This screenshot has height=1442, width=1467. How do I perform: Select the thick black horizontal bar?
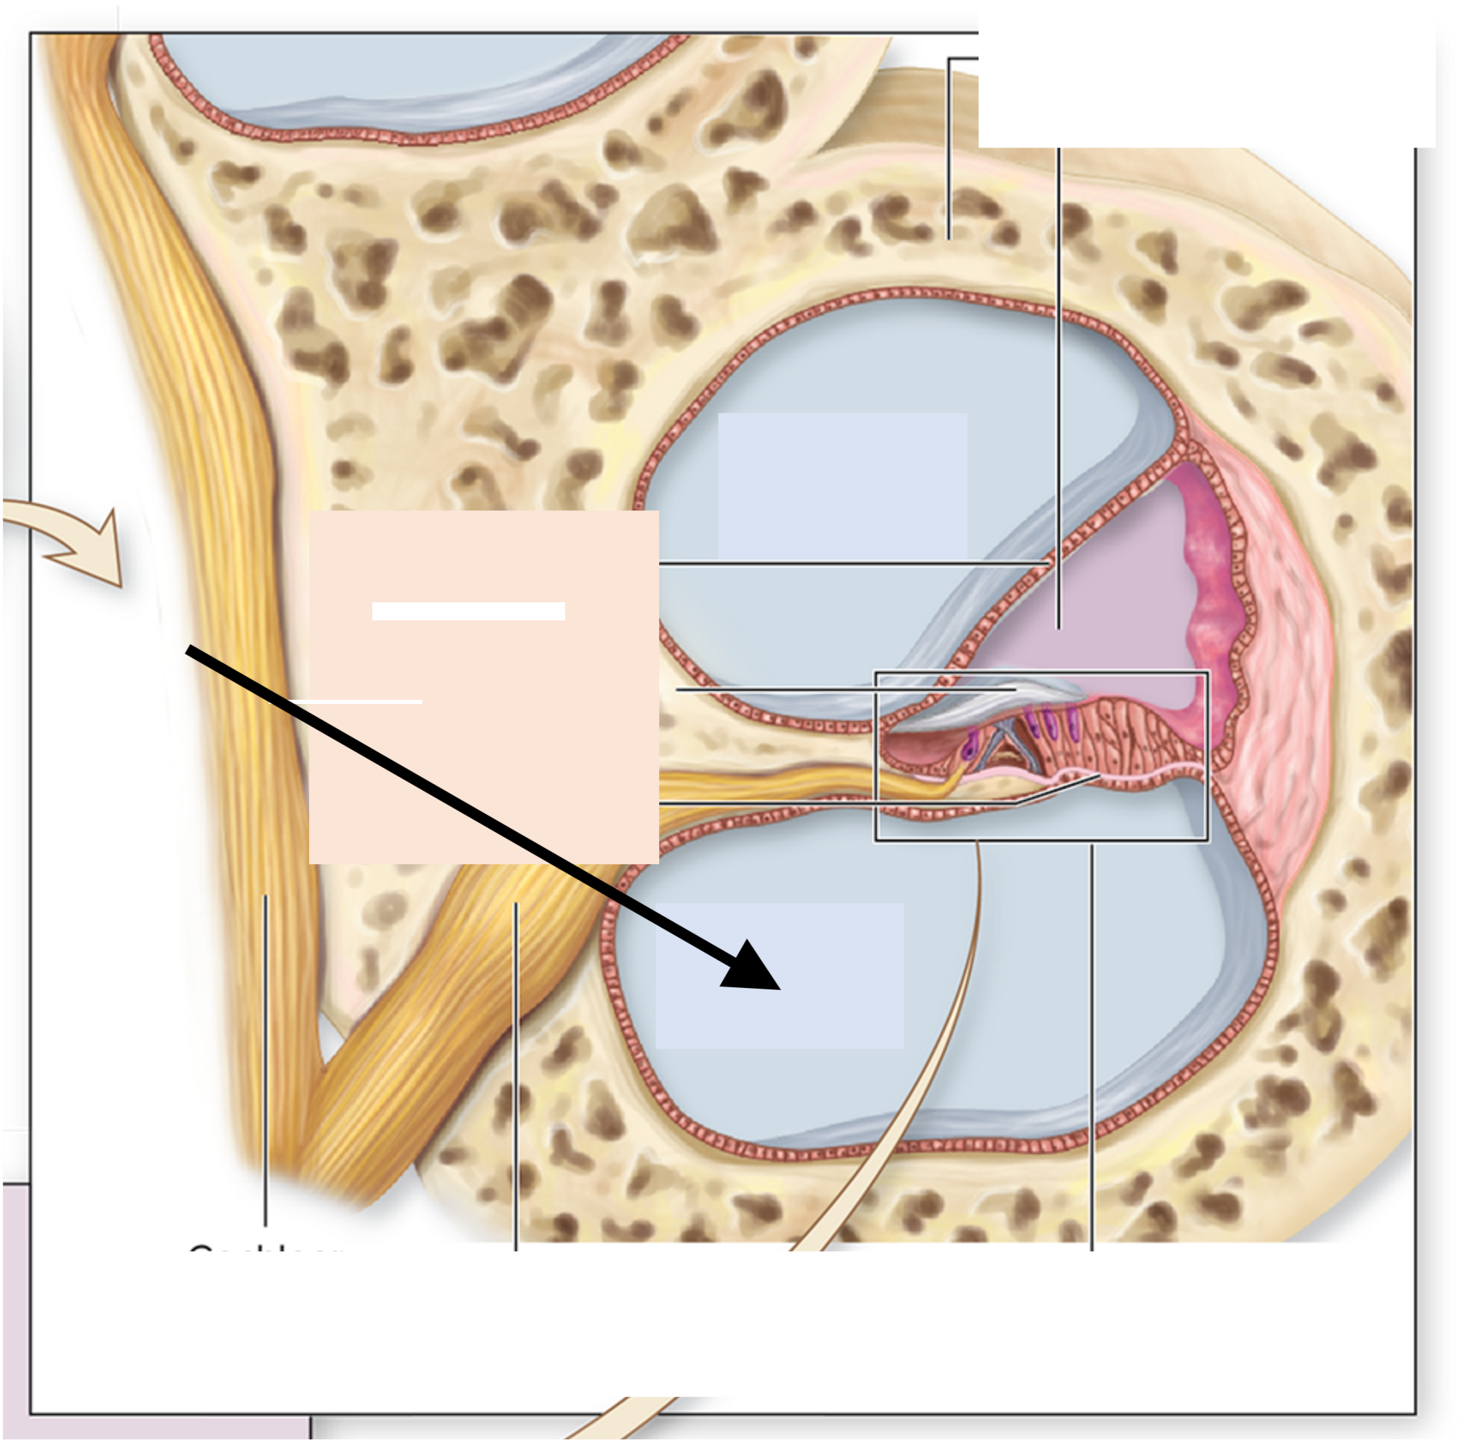(468, 611)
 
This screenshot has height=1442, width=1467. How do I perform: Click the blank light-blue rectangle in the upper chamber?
(842, 485)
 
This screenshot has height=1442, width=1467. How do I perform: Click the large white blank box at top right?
(1207, 75)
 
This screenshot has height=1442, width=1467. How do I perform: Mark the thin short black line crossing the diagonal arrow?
(346, 703)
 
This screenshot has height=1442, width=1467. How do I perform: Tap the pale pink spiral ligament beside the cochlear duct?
(1287, 644)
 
